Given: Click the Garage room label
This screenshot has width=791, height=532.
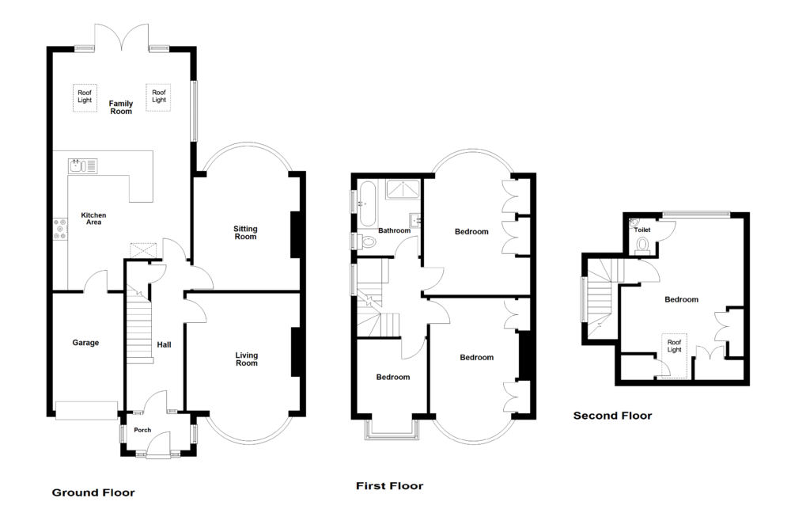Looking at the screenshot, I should click(x=86, y=343).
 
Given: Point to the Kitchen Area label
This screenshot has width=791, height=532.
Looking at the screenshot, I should click(x=93, y=218).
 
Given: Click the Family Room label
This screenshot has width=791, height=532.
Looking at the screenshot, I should click(x=121, y=108).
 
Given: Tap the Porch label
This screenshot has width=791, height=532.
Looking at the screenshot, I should click(x=142, y=431).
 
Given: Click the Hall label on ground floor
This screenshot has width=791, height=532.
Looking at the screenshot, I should click(x=164, y=344).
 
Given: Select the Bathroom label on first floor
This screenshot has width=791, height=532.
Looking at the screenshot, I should click(x=393, y=231).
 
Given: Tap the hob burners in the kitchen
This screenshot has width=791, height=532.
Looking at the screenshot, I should click(x=60, y=230).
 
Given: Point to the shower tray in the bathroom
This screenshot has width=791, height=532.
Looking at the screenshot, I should click(x=403, y=190).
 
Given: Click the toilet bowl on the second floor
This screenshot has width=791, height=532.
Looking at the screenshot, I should click(x=642, y=243).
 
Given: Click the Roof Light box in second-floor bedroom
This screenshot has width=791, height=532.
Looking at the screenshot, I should click(x=674, y=345).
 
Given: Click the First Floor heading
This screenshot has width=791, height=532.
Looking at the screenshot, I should click(x=389, y=486).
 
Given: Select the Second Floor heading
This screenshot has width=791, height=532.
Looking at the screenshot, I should click(x=612, y=415).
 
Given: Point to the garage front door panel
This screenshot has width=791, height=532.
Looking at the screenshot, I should click(x=86, y=409).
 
